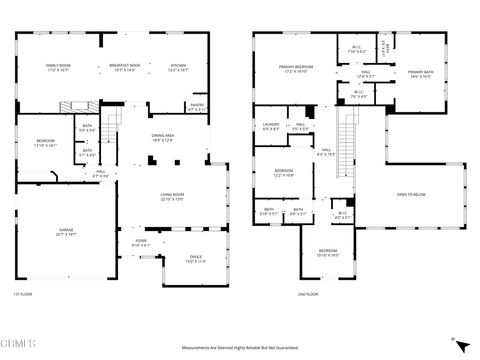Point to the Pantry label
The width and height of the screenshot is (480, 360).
pyautogui.click(x=197, y=106)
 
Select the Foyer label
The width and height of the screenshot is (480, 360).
pyautogui.click(x=141, y=243)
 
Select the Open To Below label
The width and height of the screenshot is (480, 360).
pyautogui.click(x=411, y=194)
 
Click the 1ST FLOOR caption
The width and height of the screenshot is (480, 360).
pyautogui.click(x=24, y=295)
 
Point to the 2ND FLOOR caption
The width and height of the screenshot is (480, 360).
pyautogui.click(x=307, y=295)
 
